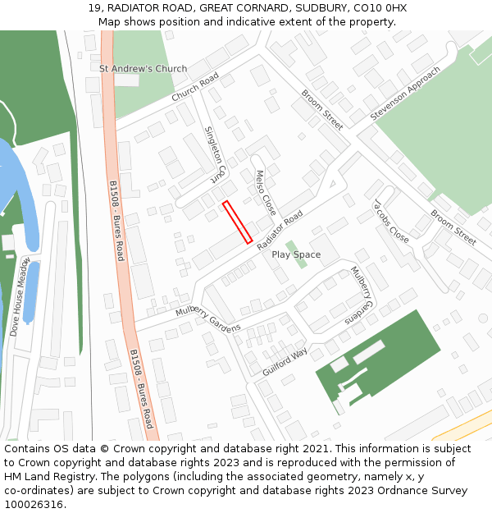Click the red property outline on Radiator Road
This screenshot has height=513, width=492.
237,222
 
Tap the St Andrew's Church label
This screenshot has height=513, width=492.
143,69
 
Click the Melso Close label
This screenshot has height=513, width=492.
266,192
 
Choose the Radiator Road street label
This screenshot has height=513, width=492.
280,231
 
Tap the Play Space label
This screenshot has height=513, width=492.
296,254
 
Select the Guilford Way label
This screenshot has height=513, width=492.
285,362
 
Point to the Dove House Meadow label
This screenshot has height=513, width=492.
20,296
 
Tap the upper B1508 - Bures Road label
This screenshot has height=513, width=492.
116,221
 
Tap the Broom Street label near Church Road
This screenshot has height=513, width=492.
322,109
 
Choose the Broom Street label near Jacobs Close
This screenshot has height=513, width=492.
453,227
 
